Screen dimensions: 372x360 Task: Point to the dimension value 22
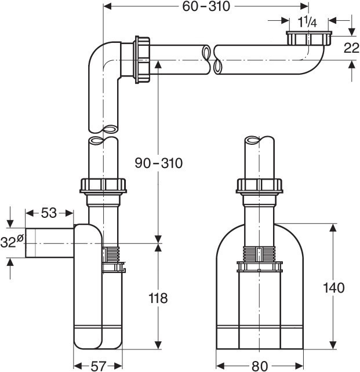(351, 48)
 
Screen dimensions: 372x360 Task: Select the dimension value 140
(334, 287)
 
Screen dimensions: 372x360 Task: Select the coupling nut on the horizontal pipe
(141, 59)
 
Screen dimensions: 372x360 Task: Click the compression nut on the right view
(260, 186)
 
